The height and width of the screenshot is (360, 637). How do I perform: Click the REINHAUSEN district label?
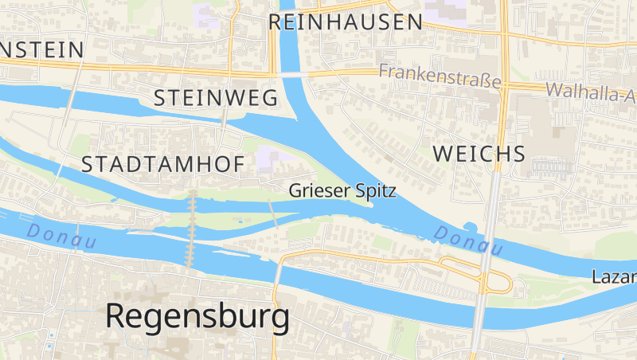pos(345,22)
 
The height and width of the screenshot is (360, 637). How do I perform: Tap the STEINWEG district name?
pos(215,98)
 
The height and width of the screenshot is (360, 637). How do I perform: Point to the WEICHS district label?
pos(479,154)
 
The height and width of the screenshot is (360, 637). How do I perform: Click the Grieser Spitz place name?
pos(342,191)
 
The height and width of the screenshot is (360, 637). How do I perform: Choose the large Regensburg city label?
pos(197,316)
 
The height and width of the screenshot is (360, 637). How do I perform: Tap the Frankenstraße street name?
pos(440,76)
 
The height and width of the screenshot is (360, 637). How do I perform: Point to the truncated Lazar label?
pos(614,277)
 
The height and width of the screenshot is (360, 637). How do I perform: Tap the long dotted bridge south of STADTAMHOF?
pos(191,228)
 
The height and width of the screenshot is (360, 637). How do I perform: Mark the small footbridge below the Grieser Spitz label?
pos(273,213)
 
